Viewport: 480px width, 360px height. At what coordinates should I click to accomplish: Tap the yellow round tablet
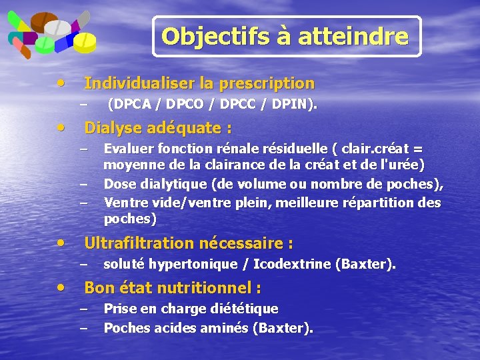coord(86,43)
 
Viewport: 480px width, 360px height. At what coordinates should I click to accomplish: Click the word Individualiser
coord(137,84)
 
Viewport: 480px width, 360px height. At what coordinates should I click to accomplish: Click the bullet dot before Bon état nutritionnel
coord(62,287)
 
